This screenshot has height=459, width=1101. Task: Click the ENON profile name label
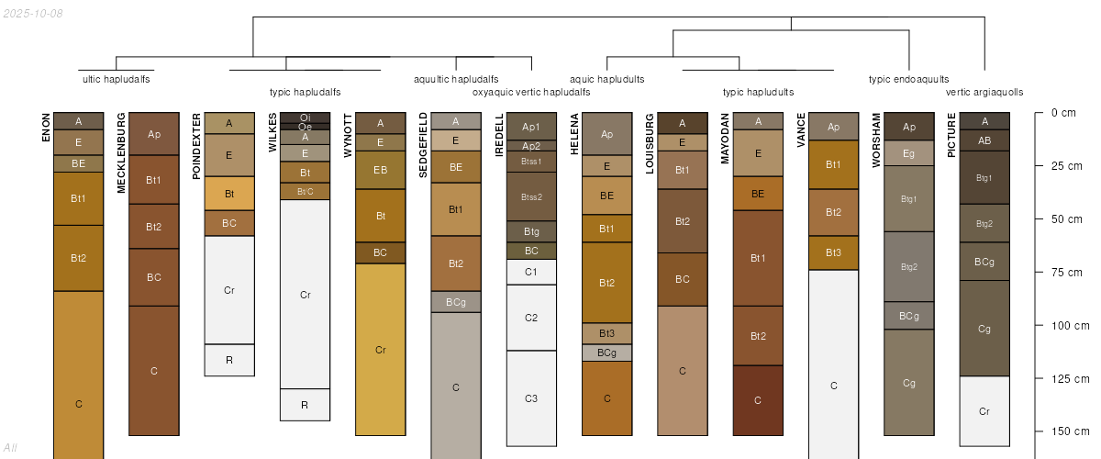46,127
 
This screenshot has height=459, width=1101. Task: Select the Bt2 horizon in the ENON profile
78,258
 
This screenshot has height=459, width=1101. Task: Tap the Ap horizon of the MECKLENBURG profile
154,134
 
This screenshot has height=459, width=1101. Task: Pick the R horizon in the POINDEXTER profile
229,360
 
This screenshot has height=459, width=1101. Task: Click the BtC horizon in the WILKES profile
305,191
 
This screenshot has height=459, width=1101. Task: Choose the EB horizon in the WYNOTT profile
380,170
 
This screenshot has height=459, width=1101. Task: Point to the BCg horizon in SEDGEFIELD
456,302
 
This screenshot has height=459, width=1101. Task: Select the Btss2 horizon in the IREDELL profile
531,196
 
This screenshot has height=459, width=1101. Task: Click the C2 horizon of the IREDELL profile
531,318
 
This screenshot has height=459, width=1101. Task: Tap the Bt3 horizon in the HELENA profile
606,333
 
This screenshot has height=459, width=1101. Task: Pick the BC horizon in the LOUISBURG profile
682,279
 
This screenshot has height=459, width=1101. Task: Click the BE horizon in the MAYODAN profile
758,194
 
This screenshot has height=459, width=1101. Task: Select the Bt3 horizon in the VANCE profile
833,252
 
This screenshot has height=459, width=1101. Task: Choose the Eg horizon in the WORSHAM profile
908,153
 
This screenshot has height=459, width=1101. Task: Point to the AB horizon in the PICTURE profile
984,140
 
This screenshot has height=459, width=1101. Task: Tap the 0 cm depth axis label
1063,113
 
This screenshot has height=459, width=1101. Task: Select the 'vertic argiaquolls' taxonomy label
984,92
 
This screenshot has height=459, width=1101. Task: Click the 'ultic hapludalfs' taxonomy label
117,79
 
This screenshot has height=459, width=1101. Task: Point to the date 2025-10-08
33,13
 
